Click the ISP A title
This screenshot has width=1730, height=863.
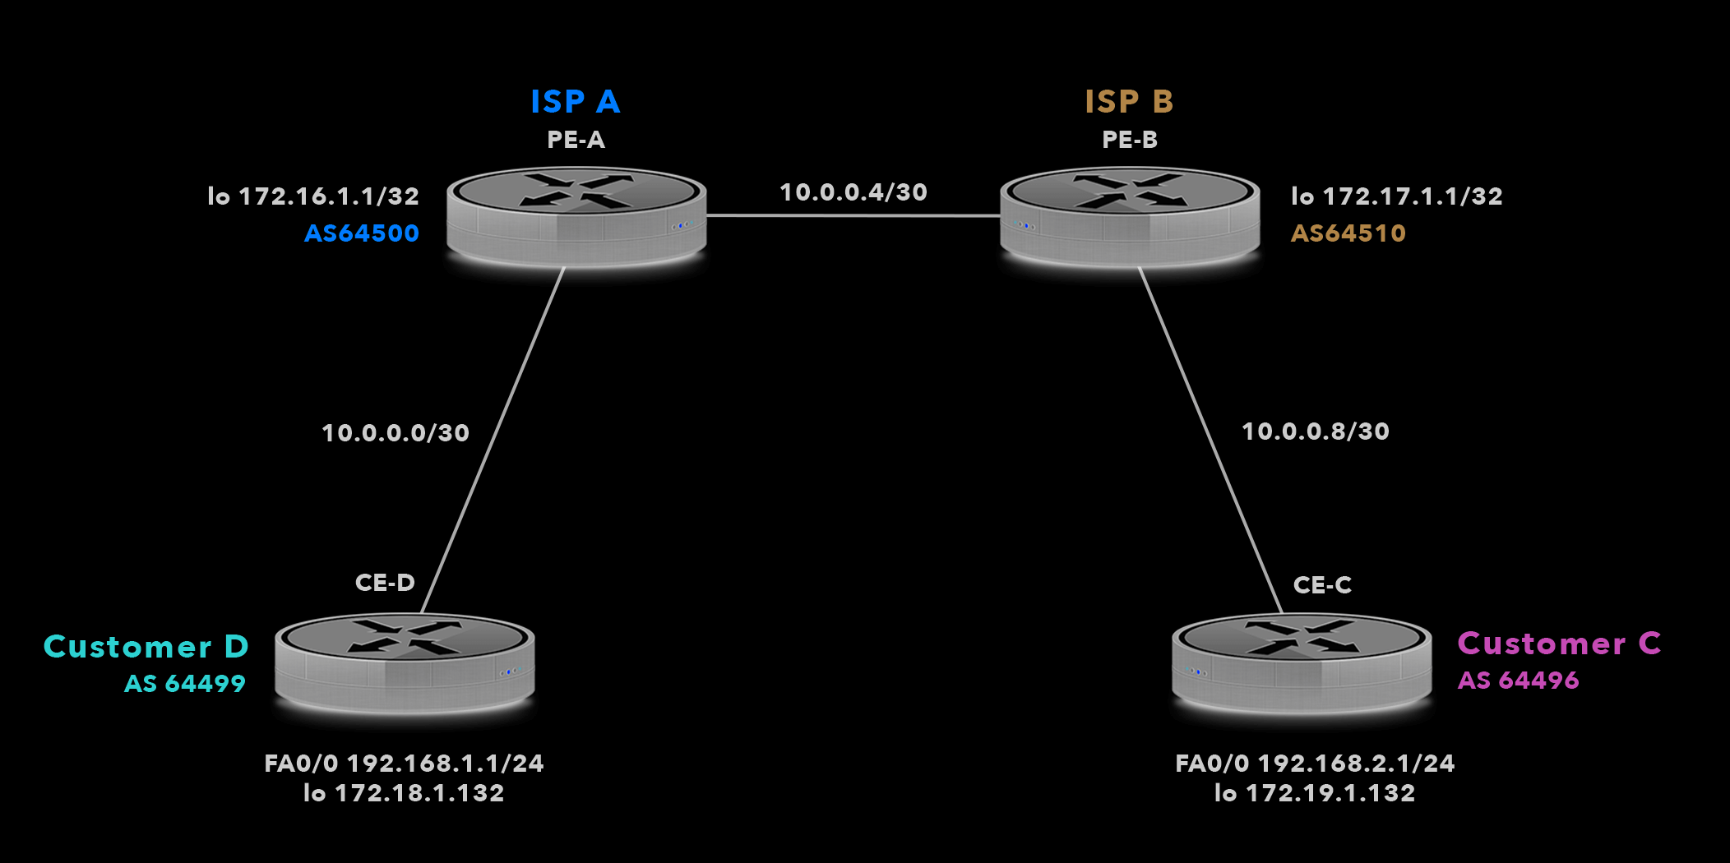click(575, 102)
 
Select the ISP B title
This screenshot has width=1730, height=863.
click(1129, 102)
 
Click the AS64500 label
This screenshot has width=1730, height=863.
click(362, 233)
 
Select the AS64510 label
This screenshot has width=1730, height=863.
click(1348, 233)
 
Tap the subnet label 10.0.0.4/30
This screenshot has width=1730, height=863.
click(853, 192)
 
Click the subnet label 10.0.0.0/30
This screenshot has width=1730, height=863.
click(395, 433)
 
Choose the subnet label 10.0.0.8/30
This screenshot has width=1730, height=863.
click(1316, 431)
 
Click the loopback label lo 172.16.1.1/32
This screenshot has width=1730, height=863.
click(313, 196)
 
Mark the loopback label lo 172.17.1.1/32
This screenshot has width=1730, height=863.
click(1397, 196)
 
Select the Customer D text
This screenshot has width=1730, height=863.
click(146, 647)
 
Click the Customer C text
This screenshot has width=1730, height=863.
click(1559, 644)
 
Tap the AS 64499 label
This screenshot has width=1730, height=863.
click(185, 684)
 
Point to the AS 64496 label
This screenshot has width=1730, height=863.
click(1518, 681)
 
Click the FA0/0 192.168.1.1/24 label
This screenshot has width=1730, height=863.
click(404, 764)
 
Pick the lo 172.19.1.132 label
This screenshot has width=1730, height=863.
click(1315, 793)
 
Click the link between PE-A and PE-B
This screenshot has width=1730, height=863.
click(853, 216)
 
